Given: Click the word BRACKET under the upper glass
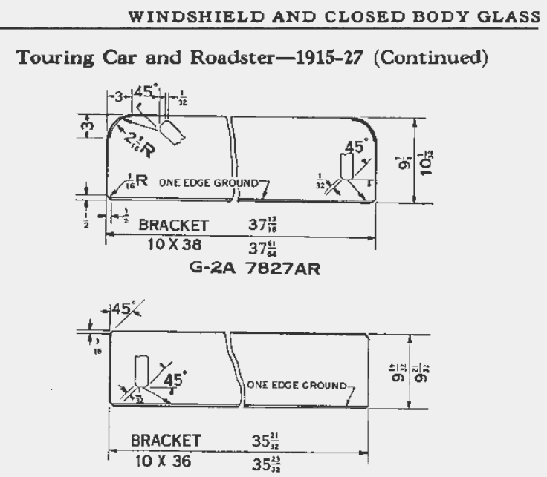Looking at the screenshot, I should (x=173, y=225).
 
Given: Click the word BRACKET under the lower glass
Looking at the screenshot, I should (x=166, y=441).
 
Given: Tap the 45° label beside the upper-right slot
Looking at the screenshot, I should (x=355, y=147).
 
